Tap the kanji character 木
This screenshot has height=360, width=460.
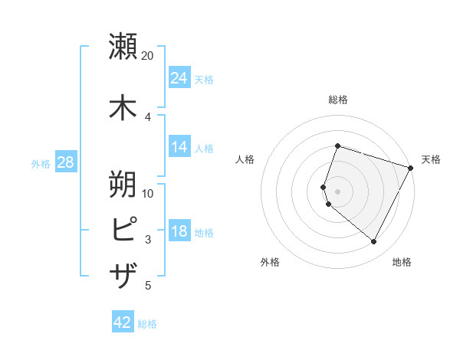pyautogui.click(x=123, y=106)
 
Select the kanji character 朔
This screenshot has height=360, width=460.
pyautogui.click(x=123, y=183)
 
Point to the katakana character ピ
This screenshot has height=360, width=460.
pyautogui.click(x=123, y=229)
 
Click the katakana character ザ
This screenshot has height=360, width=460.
pyautogui.click(x=123, y=273)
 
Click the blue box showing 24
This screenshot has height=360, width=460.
pyautogui.click(x=179, y=78)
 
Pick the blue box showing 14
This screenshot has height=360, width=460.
pyautogui.click(x=179, y=147)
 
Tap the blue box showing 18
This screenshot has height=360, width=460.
pyautogui.click(x=179, y=232)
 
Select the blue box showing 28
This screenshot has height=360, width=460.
pyautogui.click(x=65, y=163)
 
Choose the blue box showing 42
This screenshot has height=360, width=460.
pyautogui.click(x=123, y=322)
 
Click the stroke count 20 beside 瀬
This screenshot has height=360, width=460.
pyautogui.click(x=148, y=56)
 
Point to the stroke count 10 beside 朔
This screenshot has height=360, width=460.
pyautogui.click(x=148, y=193)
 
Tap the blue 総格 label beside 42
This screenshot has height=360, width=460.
pyautogui.click(x=147, y=324)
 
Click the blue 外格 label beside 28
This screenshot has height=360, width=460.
pyautogui.click(x=41, y=164)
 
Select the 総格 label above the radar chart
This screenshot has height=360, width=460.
pyautogui.click(x=337, y=100)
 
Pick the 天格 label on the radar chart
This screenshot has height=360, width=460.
pyautogui.click(x=431, y=159)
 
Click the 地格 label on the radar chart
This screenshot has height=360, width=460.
pyautogui.click(x=402, y=263)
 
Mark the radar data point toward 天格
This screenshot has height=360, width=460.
pyautogui.click(x=411, y=168)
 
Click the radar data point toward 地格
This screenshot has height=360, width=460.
pyautogui.click(x=374, y=242)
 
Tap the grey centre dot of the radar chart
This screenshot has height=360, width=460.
pyautogui.click(x=337, y=191)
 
